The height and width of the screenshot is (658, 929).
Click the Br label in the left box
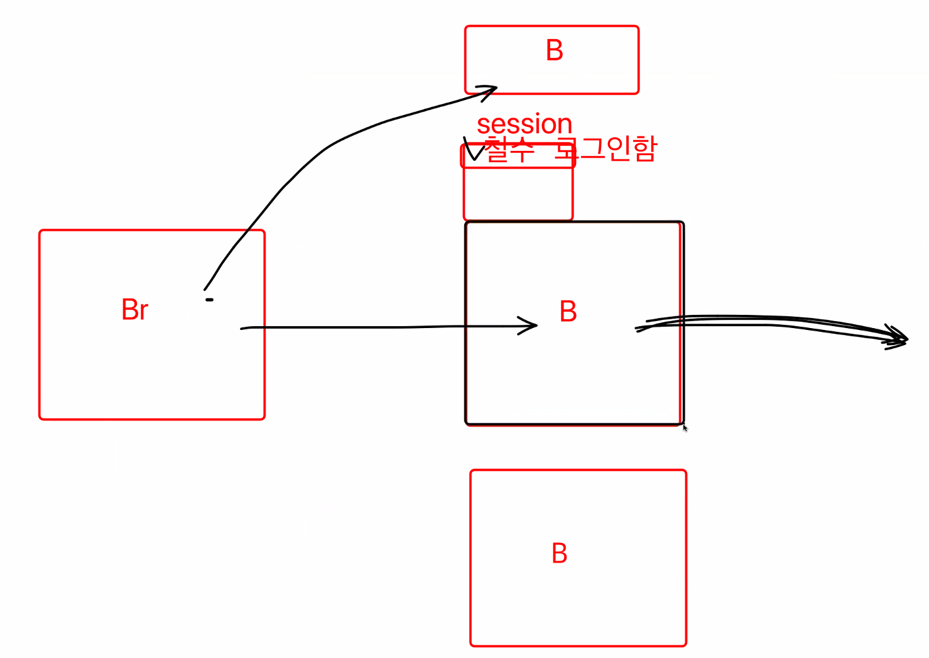[x=135, y=310]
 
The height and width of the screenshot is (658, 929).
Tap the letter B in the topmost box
[x=554, y=51]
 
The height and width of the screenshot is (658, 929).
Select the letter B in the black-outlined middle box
[x=568, y=312]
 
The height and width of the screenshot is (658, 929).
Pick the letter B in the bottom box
[x=559, y=554]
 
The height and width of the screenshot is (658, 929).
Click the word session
[x=524, y=124]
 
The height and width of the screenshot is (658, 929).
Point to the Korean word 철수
[x=510, y=151]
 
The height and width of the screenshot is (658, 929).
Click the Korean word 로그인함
[x=606, y=149]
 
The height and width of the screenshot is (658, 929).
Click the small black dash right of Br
[x=209, y=300]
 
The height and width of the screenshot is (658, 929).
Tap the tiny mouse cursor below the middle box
[x=685, y=427]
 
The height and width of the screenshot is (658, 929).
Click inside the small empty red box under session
[x=518, y=194]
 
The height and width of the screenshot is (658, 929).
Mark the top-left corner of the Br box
[x=40, y=231]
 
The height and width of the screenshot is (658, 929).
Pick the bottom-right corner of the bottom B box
[x=685, y=645]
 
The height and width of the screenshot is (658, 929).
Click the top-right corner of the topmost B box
[x=638, y=27]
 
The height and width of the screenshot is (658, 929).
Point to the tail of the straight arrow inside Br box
[x=242, y=328]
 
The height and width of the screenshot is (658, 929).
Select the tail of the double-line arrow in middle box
[x=638, y=328]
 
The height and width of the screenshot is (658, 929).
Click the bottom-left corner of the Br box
[x=40, y=418]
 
